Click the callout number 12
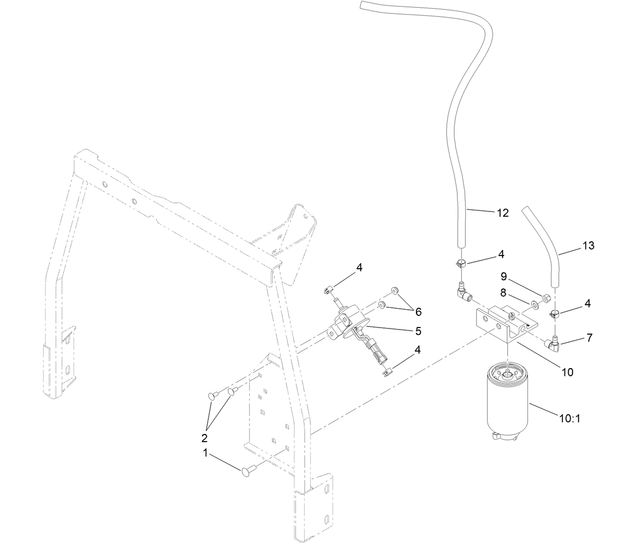click(502, 213)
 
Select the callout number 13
click(588, 246)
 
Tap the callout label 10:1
click(569, 419)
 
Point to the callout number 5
click(418, 331)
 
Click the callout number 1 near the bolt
click(206, 454)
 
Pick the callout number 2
click(205, 437)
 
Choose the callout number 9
click(503, 277)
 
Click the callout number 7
click(589, 338)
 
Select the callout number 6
click(419, 312)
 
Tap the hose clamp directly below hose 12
click(460, 263)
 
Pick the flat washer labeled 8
click(534, 306)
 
